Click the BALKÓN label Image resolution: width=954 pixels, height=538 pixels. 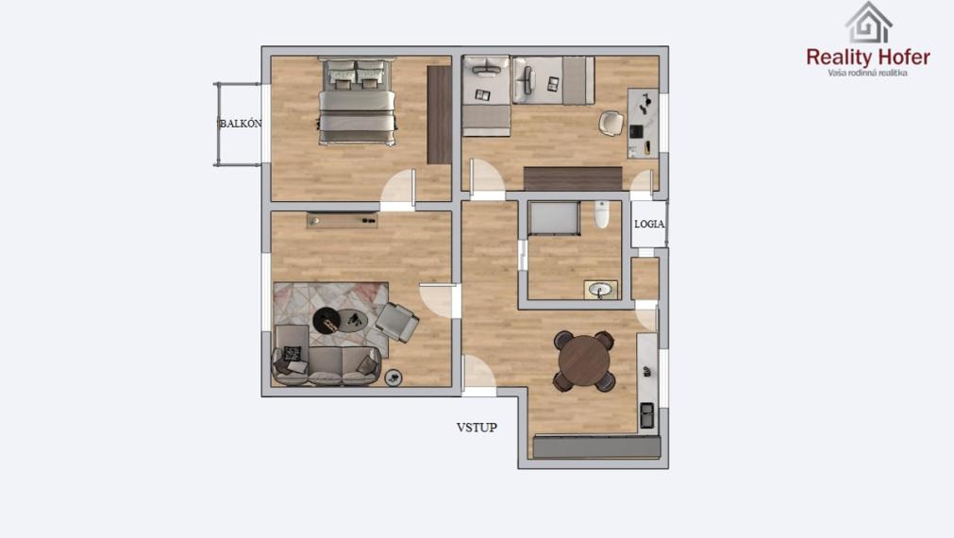[x=241, y=124]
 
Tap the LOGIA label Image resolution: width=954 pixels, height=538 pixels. [x=649, y=225]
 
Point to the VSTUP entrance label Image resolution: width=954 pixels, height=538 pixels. [x=477, y=427]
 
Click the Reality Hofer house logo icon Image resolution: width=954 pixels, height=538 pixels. [x=868, y=24]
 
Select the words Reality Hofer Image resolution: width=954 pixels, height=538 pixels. [x=868, y=57]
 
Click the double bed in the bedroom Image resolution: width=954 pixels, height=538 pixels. [x=356, y=102]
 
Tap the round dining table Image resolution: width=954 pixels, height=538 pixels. [x=586, y=360]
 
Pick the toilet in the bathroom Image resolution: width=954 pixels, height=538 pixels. [x=601, y=215]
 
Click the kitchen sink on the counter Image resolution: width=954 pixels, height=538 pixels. [x=647, y=413]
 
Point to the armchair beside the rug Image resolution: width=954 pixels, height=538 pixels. [x=397, y=321]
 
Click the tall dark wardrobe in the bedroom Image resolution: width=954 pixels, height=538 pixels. [x=439, y=114]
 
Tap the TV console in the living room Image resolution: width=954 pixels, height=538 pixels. [x=342, y=220]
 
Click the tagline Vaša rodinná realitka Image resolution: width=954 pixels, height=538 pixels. [x=867, y=73]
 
